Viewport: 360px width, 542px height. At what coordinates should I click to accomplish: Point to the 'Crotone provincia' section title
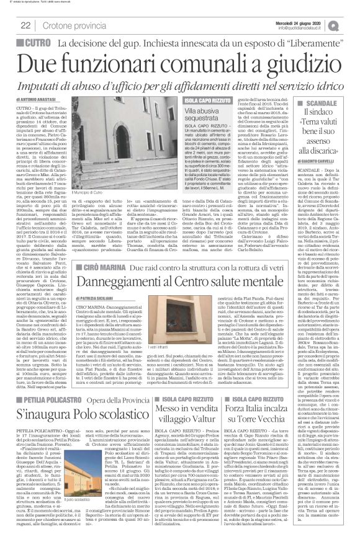coord(75,25)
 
